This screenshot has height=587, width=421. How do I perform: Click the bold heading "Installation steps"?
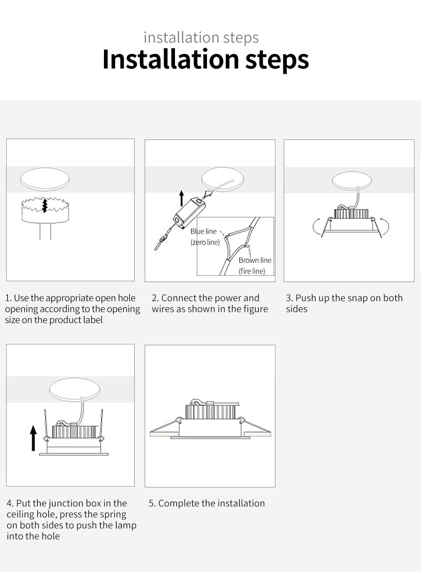click(x=205, y=60)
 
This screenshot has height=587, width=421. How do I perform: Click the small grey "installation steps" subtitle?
click(x=201, y=38)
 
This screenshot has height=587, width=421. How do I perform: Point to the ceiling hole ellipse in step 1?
click(x=45, y=179)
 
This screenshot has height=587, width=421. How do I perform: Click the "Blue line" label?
click(x=203, y=231)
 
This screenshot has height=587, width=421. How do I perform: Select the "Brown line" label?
click(x=255, y=260)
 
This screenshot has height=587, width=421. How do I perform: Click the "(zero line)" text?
click(x=205, y=242)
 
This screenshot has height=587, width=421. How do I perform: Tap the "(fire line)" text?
click(x=252, y=271)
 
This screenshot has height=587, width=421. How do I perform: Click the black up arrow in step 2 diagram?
click(x=182, y=198)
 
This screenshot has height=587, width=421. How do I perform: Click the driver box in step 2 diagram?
click(x=189, y=211)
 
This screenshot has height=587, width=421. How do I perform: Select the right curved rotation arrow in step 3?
click(x=385, y=226)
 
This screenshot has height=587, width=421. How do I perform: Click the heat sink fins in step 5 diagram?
click(x=210, y=411)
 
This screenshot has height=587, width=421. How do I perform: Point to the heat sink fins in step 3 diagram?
click(x=351, y=214)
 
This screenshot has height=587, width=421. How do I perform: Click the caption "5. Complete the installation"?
click(x=207, y=503)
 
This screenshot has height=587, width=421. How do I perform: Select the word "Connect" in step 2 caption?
click(x=179, y=298)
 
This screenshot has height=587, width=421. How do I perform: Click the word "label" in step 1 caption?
click(x=91, y=320)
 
